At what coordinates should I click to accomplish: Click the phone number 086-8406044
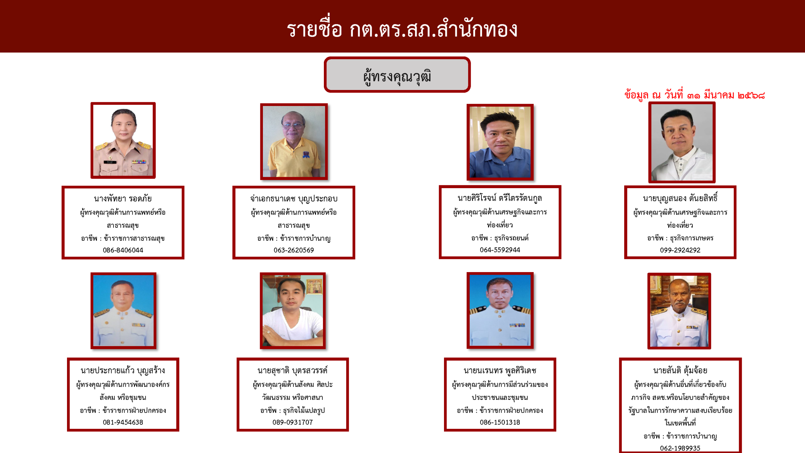(x=123, y=250)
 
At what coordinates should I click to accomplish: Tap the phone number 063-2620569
(x=294, y=250)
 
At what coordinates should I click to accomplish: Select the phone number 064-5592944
(x=500, y=250)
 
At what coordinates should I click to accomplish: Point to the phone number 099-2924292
(x=680, y=250)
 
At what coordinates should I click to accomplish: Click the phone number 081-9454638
(x=123, y=422)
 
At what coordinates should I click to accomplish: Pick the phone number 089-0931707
(x=293, y=422)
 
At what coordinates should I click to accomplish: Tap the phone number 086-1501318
(x=500, y=422)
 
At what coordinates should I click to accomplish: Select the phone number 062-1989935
(x=680, y=448)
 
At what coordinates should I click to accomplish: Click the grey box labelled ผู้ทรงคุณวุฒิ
(x=397, y=75)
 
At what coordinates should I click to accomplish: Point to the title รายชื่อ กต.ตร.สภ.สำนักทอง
(x=402, y=29)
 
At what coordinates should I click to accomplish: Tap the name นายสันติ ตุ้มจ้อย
(x=680, y=371)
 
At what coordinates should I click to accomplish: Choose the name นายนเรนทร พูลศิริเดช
(x=500, y=371)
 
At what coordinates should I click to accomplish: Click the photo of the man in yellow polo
(x=294, y=142)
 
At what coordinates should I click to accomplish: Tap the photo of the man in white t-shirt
(x=293, y=311)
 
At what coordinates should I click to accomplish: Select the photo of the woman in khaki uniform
(x=123, y=140)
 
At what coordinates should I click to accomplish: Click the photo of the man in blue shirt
(x=500, y=142)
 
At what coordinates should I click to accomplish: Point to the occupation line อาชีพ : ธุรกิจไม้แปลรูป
(x=293, y=410)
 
